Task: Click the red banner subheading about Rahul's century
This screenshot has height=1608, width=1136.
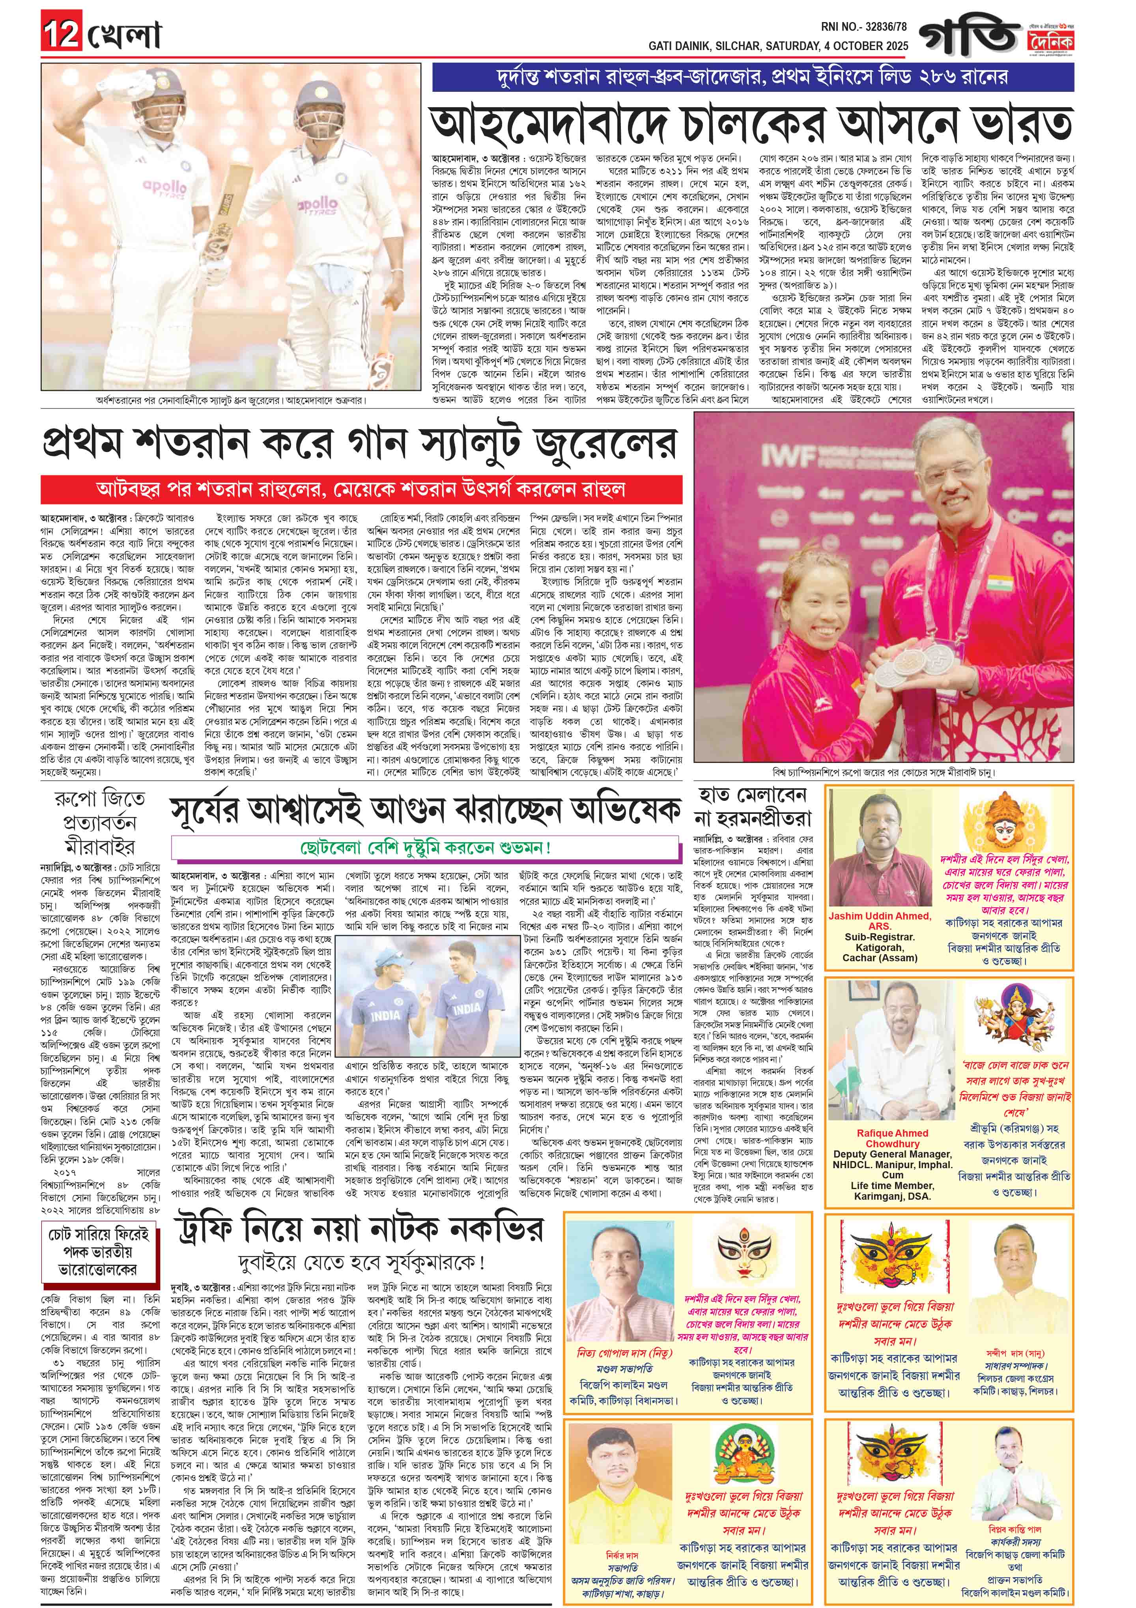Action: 361,489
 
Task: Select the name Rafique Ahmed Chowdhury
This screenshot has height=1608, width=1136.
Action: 892,1138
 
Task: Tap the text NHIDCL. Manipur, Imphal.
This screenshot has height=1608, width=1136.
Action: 892,1165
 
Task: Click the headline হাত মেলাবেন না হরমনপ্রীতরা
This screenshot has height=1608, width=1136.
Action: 751,806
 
